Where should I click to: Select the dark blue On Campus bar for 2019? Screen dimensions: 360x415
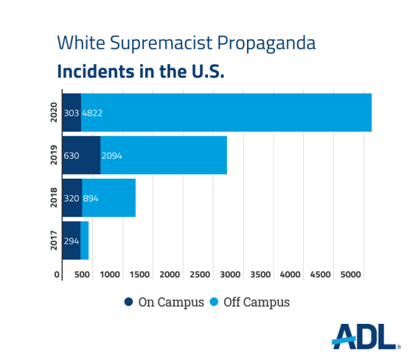click(x=81, y=155)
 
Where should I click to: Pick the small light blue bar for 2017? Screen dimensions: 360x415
click(x=84, y=240)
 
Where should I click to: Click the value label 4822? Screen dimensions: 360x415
click(x=92, y=113)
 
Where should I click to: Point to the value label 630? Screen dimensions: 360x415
click(x=71, y=156)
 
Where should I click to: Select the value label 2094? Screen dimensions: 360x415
click(x=112, y=156)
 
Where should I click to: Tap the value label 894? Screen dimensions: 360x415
click(x=90, y=198)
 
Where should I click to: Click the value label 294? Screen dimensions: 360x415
click(x=71, y=241)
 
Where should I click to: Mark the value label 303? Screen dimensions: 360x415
click(x=71, y=113)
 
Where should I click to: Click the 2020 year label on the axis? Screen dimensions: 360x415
click(x=54, y=112)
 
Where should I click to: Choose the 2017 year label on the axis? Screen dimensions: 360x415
click(x=54, y=240)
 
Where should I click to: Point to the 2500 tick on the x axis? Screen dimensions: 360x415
click(x=200, y=274)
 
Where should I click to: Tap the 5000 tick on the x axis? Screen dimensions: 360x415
click(x=350, y=274)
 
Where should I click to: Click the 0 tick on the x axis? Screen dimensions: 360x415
click(x=58, y=274)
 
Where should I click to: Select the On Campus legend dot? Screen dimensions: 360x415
click(x=129, y=302)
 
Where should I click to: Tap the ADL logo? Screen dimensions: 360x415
click(x=365, y=337)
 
